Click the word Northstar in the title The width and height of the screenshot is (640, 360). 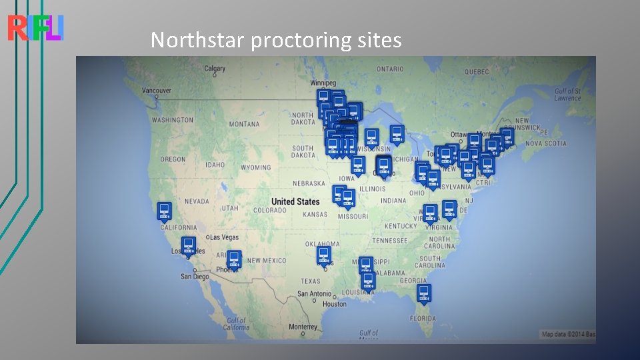(198, 41)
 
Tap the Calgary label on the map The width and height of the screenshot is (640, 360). (215, 69)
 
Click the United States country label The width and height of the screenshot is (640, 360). (295, 201)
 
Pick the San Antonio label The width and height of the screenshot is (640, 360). (315, 294)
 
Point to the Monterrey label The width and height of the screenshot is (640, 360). (303, 327)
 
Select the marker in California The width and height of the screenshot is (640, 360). (164, 211)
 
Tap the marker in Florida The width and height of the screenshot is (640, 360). (424, 292)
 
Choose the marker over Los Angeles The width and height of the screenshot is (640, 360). (188, 245)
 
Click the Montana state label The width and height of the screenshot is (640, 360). (244, 125)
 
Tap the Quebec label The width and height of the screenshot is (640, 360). (477, 71)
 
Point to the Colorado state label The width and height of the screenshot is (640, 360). (269, 211)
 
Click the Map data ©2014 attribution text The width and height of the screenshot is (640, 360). (567, 334)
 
